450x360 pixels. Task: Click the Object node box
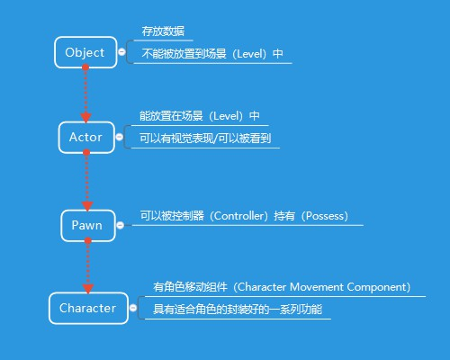[85, 52]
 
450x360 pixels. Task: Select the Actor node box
[85, 138]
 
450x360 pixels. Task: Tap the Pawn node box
[87, 226]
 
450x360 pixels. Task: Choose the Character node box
[87, 308]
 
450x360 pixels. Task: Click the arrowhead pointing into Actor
[86, 116]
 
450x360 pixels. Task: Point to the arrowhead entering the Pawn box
[86, 204]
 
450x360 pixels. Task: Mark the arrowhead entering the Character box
[87, 287]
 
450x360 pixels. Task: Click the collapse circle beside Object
[121, 53]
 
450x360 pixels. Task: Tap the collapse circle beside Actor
[121, 138]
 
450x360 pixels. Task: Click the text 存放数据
[163, 31]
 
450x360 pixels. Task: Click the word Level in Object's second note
[245, 54]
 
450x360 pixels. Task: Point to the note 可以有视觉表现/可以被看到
[205, 139]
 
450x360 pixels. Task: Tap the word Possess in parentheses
[330, 216]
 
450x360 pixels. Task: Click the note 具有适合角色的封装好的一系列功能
[237, 310]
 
